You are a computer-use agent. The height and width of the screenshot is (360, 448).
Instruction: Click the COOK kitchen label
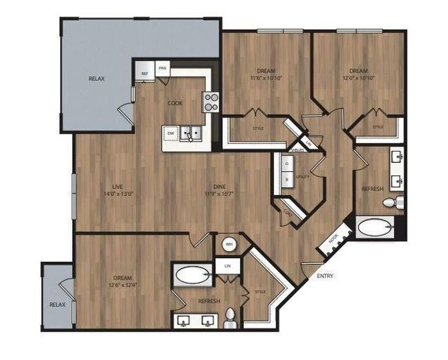[x=174, y=103]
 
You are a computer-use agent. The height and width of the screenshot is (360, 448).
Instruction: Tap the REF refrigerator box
[x=145, y=73]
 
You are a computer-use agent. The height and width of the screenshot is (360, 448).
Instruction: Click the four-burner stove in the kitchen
[x=211, y=102]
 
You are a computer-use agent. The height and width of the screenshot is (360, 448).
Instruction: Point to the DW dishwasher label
[x=171, y=133]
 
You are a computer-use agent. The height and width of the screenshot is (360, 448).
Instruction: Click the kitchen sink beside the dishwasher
[x=192, y=133]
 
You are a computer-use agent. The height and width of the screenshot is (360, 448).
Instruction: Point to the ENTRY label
[x=325, y=276]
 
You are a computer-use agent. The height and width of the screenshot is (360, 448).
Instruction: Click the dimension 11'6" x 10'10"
[x=265, y=76]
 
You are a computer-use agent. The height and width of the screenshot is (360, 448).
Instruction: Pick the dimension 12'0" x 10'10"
[x=357, y=76]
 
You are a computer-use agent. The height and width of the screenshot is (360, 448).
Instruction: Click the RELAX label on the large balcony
[x=96, y=79]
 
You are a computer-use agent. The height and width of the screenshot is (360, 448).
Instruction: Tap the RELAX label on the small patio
[x=57, y=304]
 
